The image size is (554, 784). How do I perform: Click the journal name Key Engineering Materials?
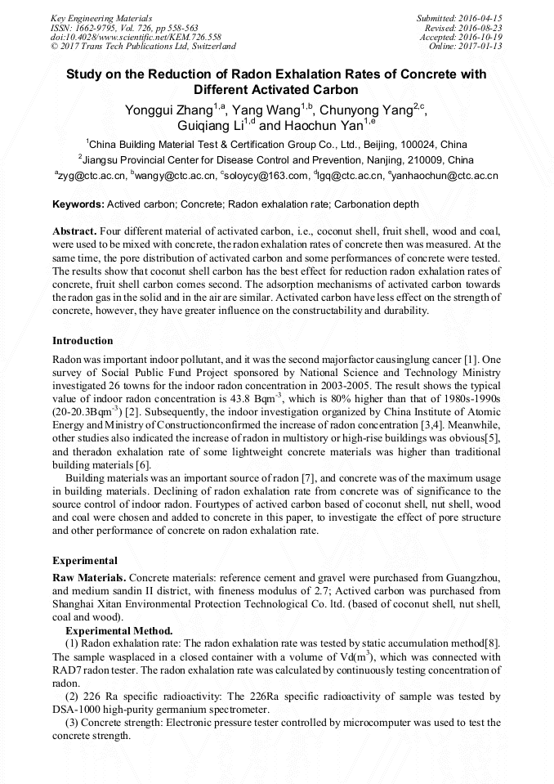(101, 17)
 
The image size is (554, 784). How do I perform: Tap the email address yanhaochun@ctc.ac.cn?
(447, 175)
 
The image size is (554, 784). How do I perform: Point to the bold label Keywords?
(78, 204)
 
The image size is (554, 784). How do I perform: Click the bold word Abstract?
(75, 231)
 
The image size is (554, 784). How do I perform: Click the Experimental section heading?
(84, 561)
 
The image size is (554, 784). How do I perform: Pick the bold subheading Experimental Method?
(118, 630)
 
